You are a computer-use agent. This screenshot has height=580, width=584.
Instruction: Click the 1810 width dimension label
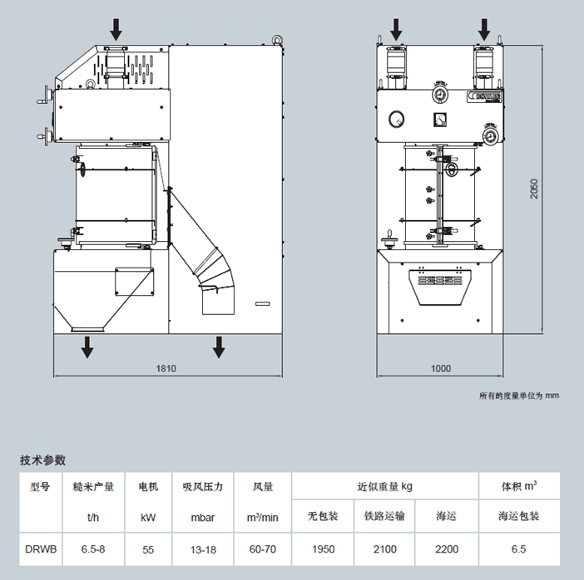[166, 368]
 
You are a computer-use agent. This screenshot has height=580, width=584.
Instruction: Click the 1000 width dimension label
[441, 368]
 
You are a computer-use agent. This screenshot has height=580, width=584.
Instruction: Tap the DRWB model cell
[40, 548]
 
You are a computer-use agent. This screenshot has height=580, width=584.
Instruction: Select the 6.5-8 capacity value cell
[93, 548]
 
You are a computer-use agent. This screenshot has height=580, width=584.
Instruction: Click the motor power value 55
[148, 548]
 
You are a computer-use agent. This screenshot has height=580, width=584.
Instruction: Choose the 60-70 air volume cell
[260, 548]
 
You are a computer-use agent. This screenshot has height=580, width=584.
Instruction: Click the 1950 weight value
[323, 548]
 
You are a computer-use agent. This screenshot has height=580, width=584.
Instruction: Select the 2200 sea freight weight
[447, 548]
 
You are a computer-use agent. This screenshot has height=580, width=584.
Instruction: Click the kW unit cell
[148, 517]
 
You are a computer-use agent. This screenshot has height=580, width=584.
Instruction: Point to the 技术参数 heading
[42, 460]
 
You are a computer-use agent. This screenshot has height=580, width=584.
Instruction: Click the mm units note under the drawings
[518, 396]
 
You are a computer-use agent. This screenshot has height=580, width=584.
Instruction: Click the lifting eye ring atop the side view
[275, 38]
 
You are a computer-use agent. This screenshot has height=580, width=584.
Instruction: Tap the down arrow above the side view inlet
[116, 30]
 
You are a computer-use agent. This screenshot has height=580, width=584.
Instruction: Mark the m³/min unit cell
[260, 517]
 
